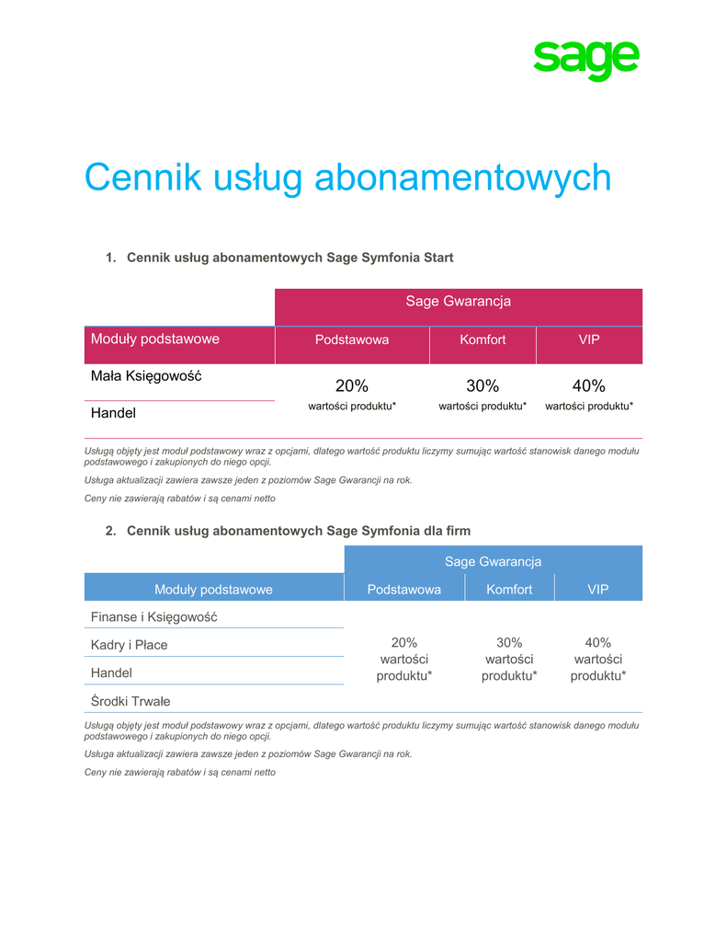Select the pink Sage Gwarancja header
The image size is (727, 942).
pos(458,302)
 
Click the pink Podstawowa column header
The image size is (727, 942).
pos(352,339)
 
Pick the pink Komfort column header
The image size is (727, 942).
pos(483,339)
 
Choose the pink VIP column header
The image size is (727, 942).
pos(589,339)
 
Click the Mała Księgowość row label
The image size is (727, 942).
pos(146,376)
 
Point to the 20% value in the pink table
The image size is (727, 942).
pos(352,385)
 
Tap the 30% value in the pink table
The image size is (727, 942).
pos(483,385)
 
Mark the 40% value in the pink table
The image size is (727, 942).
pos(589,385)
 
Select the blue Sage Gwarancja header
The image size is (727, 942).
pos(493,561)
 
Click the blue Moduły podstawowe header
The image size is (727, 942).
pos(213,590)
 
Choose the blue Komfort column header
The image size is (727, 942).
pos(509,590)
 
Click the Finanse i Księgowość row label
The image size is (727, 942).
pos(153,616)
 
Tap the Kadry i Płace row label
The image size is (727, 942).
pos(130,645)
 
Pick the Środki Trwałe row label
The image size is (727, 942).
pos(131,701)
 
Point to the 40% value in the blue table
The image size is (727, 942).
pos(598,642)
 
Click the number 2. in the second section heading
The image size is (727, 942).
pos(110,531)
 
